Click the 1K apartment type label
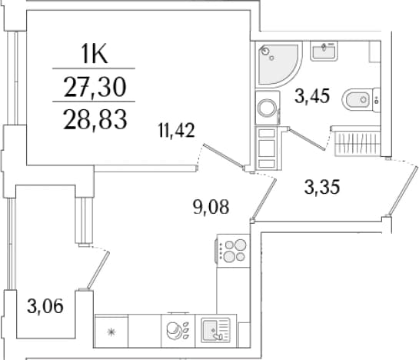pyautogui.click(x=94, y=54)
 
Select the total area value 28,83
pyautogui.click(x=95, y=119)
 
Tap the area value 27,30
pyautogui.click(x=95, y=87)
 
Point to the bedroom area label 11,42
pyautogui.click(x=176, y=131)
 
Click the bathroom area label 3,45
pyautogui.click(x=312, y=95)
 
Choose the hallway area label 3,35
pyautogui.click(x=322, y=187)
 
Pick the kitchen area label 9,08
pyautogui.click(x=211, y=207)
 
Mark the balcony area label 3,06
pyautogui.click(x=45, y=306)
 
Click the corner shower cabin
pyautogui.click(x=278, y=64)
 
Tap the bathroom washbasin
pyautogui.click(x=324, y=51)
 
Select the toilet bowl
pyautogui.click(x=361, y=100)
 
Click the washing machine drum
pyautogui.click(x=267, y=108)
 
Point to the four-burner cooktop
pyautogui.click(x=233, y=251)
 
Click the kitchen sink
pyautogui.click(x=215, y=330)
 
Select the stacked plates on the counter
pyautogui.click(x=173, y=330)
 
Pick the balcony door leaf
pyautogui.click(x=98, y=270)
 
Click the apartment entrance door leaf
pyautogui.click(x=402, y=191)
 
